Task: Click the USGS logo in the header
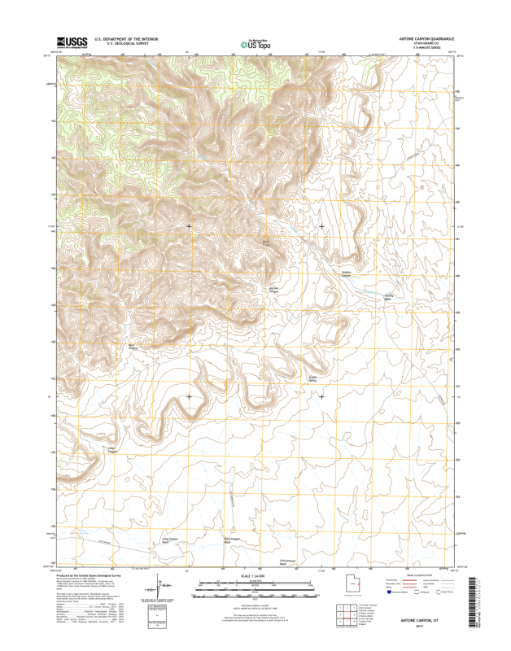(x=72, y=42)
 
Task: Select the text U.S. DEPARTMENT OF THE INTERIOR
(x=126, y=38)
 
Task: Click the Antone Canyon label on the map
(x=274, y=291)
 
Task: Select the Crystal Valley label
(x=312, y=378)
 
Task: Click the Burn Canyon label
(x=133, y=347)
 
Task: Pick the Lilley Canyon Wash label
(x=170, y=540)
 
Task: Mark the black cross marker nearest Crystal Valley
(x=321, y=396)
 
